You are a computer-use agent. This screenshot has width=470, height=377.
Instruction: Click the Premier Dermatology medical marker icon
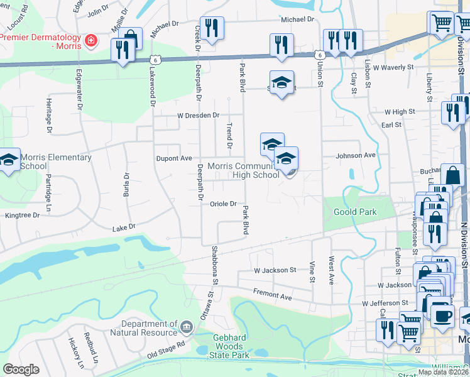click(x=92, y=41)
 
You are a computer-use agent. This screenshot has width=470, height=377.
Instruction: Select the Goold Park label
click(x=356, y=212)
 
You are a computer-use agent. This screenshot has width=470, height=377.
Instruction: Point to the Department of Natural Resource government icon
click(x=186, y=327)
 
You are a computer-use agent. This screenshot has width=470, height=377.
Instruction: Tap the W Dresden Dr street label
click(x=198, y=116)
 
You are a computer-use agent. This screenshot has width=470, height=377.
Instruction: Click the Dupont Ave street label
click(x=173, y=158)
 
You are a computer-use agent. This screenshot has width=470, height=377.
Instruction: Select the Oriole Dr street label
click(x=223, y=204)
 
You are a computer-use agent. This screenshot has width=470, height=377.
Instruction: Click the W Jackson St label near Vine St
click(x=275, y=270)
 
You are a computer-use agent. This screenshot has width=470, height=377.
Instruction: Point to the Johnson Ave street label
click(x=356, y=155)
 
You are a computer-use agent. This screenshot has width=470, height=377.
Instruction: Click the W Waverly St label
click(x=393, y=66)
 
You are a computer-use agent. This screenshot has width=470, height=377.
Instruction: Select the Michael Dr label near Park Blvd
click(x=288, y=19)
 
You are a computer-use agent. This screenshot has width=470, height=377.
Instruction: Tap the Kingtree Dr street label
click(x=22, y=215)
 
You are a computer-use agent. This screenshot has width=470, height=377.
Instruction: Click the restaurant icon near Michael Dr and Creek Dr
click(x=212, y=28)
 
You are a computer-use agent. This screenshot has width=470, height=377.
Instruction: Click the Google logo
click(x=21, y=369)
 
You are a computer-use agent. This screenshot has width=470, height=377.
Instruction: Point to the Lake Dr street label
click(x=124, y=227)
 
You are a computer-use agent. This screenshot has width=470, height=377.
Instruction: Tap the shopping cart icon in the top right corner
click(x=442, y=23)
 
